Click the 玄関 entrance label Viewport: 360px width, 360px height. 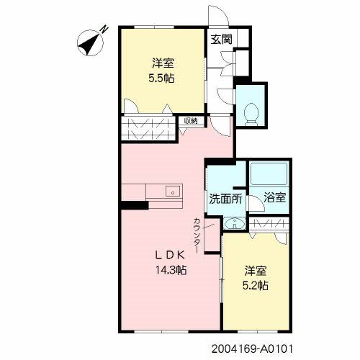(x=221, y=39)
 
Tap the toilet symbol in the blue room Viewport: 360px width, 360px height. (x=251, y=114)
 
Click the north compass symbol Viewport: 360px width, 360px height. (x=90, y=43)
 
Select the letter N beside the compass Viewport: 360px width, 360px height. (x=104, y=29)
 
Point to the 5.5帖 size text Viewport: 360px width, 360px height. (x=161, y=78)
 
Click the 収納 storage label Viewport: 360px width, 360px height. (x=191, y=121)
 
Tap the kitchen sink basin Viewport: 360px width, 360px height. (x=174, y=192)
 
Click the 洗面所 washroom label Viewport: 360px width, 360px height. (x=225, y=199)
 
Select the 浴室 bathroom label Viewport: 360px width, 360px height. (x=275, y=197)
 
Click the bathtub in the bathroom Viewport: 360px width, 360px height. (x=269, y=174)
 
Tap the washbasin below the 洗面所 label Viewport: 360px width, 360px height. (x=234, y=223)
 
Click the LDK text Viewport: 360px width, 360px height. (x=170, y=256)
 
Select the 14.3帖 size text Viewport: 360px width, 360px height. (x=171, y=270)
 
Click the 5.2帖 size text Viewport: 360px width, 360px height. (x=256, y=286)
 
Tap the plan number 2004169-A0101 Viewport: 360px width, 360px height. (x=253, y=348)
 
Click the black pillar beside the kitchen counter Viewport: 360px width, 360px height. (x=135, y=205)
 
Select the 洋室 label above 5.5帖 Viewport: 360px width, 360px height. (x=163, y=63)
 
